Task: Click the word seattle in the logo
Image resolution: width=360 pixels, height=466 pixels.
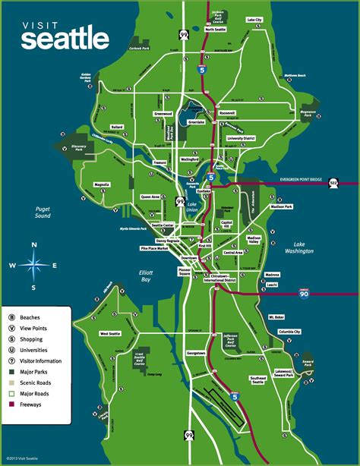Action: click(x=65, y=38)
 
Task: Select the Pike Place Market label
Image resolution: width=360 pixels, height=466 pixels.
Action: click(x=153, y=248)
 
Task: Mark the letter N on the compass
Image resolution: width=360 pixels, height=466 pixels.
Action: click(x=33, y=244)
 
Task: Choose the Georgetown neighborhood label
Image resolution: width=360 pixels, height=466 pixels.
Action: click(x=199, y=354)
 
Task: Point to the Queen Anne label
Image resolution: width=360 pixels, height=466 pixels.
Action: click(x=150, y=196)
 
